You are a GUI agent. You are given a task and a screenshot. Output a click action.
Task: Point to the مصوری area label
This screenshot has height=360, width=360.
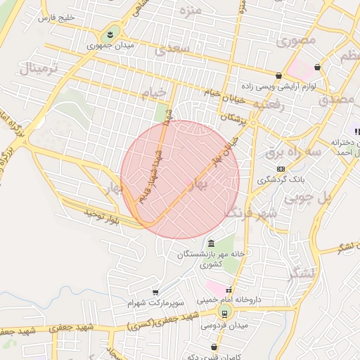295,41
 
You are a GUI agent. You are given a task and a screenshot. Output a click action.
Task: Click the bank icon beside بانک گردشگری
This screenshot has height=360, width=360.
281,169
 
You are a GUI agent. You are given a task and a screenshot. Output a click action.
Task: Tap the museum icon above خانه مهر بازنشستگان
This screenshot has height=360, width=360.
212,243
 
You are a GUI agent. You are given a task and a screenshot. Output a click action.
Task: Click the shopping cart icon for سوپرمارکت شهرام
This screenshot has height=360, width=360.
155,292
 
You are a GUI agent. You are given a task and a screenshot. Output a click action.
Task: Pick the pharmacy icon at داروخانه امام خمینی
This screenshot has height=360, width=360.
229,290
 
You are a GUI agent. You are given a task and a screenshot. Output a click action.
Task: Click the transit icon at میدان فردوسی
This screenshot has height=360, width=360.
224,314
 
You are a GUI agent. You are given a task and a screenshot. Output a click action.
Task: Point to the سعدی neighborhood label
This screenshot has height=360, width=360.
174,50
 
